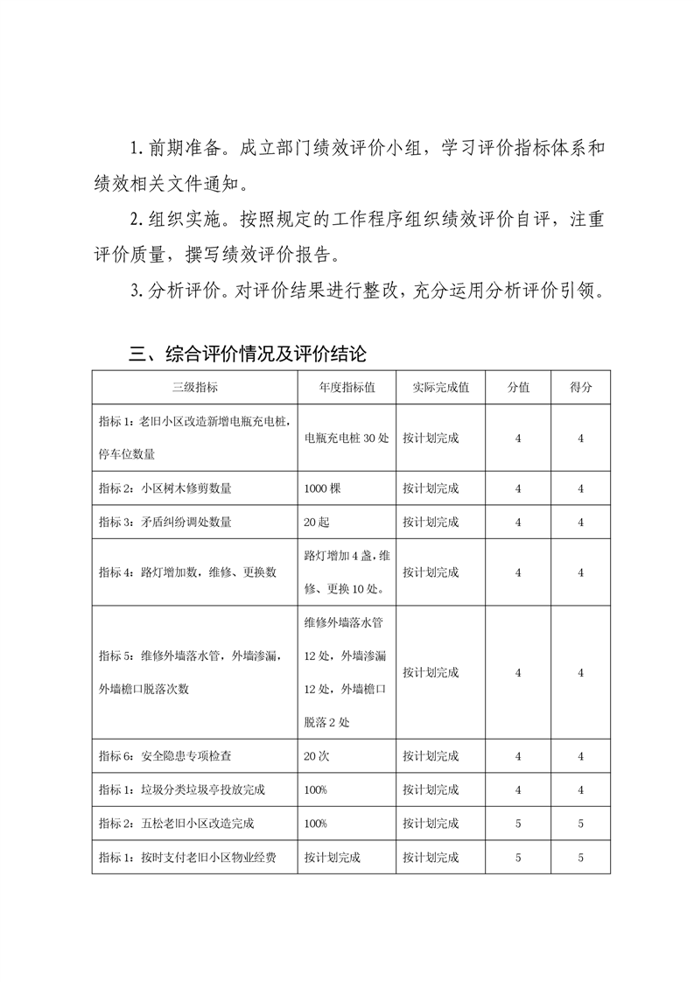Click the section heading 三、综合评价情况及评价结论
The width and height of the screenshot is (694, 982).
tap(247, 354)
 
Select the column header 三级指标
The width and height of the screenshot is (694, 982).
tap(194, 387)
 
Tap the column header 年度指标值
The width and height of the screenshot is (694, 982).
tap(347, 387)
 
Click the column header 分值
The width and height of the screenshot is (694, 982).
tap(518, 387)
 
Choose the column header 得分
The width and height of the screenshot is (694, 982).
tap(581, 387)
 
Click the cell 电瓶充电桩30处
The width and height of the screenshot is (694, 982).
tap(347, 438)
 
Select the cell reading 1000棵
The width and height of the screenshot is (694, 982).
tap(322, 488)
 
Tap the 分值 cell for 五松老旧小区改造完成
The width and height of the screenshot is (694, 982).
tap(518, 824)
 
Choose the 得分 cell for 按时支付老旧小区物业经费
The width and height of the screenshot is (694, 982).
tap(581, 858)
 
